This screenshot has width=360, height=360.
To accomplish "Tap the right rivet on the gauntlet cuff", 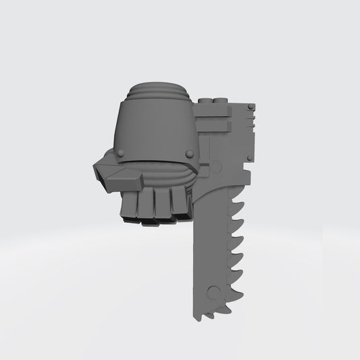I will click(189, 155).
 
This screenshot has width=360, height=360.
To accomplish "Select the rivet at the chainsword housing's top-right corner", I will click(251, 107).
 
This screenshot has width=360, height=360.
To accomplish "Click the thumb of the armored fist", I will click(115, 177).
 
